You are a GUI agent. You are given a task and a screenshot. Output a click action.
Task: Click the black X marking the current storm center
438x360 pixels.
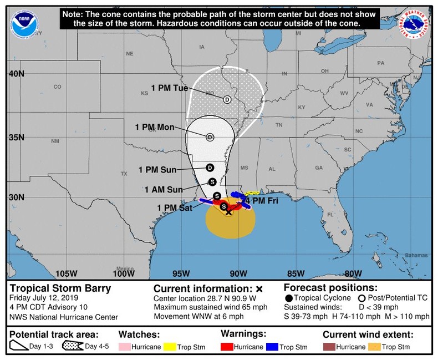(x=228, y=212)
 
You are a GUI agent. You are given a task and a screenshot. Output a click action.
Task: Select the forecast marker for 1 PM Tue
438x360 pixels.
(x=227, y=99)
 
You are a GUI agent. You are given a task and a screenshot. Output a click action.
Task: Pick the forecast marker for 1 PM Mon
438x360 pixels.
(x=210, y=137)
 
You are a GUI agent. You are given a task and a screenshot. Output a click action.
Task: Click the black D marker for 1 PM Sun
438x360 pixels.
(x=210, y=168)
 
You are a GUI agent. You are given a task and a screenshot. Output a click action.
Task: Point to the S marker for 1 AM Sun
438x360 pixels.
(x=212, y=181)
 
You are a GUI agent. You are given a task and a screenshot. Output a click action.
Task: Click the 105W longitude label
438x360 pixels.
(x=66, y=273)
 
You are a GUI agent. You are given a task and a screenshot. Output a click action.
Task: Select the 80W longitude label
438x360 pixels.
(x=353, y=273)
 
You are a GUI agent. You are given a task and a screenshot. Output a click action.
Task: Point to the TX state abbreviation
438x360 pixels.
(x=124, y=174)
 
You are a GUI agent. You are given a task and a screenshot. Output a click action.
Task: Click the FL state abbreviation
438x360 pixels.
(x=332, y=214)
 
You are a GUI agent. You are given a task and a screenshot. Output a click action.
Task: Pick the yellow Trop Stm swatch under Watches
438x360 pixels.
(x=170, y=347)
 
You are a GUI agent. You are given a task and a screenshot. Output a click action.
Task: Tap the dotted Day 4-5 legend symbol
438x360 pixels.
(x=73, y=347)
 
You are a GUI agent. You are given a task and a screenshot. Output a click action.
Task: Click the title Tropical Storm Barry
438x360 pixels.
(x=60, y=288)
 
